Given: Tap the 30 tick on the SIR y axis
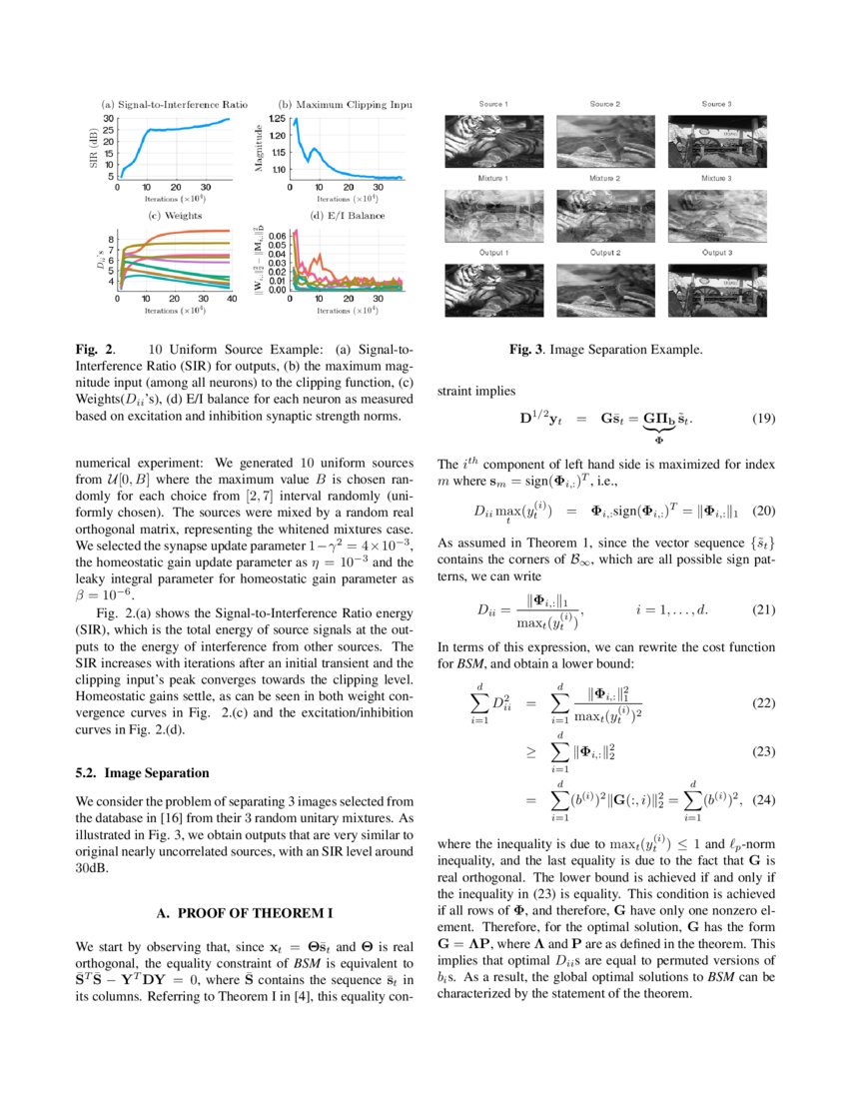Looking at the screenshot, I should tap(108, 118).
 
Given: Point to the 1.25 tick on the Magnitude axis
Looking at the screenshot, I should tap(276, 118).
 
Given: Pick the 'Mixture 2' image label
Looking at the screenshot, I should tap(603, 178).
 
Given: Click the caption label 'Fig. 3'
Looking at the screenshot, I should tap(525, 350).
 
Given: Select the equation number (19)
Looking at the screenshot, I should tap(762, 420).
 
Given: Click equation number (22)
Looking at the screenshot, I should tap(762, 702).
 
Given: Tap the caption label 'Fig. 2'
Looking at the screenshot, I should tap(94, 350).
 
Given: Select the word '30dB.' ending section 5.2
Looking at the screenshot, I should tap(93, 868).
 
